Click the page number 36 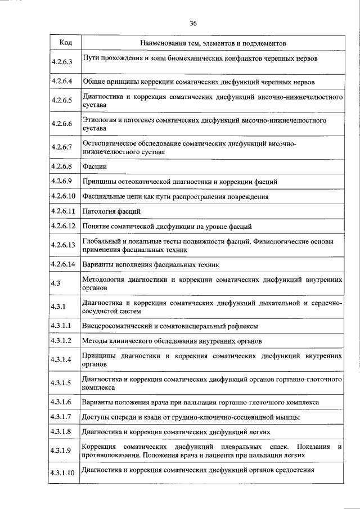pyautogui.click(x=193, y=23)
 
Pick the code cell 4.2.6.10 pyautogui.click(x=62, y=196)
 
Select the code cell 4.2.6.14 pyautogui.click(x=62, y=263)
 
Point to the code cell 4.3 pyautogui.click(x=55, y=283)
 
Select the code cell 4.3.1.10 pyautogui.click(x=62, y=472)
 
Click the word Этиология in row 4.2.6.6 pyautogui.click(x=98, y=120)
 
